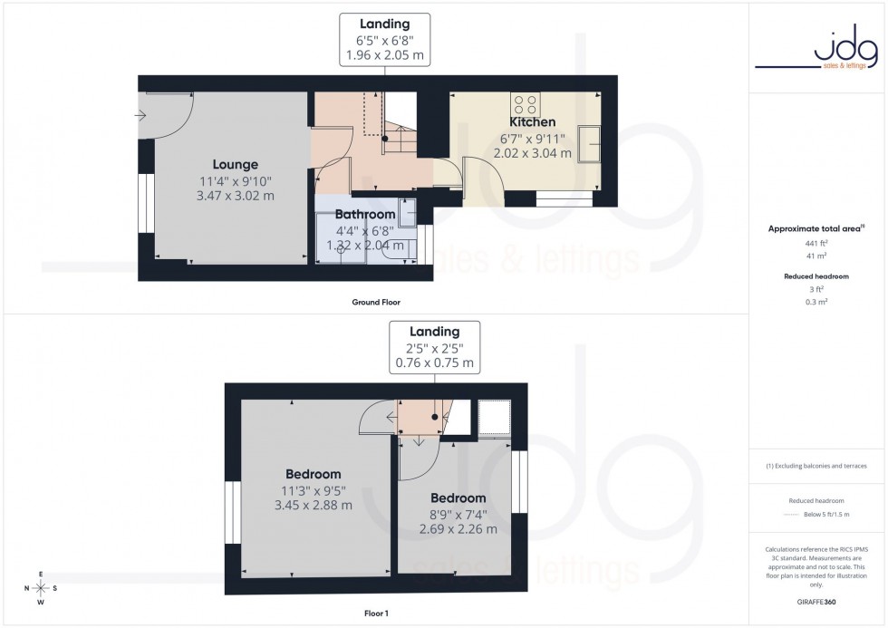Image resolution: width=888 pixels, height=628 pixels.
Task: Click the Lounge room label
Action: (x=236, y=165)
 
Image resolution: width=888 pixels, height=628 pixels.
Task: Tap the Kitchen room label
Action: (x=532, y=122)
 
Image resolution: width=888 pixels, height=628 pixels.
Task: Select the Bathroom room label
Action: (x=364, y=215)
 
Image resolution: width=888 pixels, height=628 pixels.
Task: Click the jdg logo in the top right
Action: (x=817, y=51)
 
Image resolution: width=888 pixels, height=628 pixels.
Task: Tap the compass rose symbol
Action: (x=41, y=588)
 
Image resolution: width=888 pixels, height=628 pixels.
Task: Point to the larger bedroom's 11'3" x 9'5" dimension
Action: (x=313, y=490)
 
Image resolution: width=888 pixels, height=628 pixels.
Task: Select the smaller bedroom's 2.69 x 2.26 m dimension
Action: (x=458, y=529)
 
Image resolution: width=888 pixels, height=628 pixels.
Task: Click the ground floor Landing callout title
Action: (x=384, y=24)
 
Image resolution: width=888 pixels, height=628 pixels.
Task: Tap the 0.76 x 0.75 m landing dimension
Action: (x=435, y=363)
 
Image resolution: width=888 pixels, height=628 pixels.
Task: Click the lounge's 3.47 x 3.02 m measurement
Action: (x=236, y=196)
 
